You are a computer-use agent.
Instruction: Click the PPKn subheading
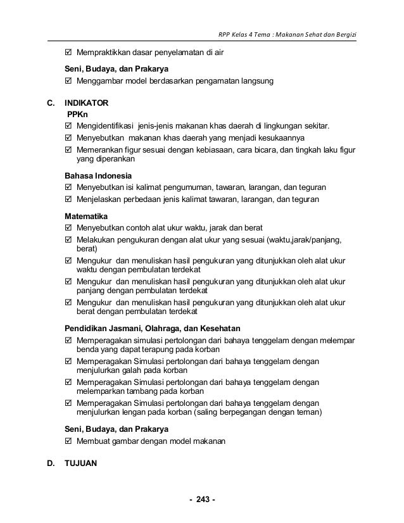77,114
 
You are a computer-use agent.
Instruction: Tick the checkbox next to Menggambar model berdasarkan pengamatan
69,81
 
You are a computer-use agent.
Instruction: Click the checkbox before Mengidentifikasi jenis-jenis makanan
69,125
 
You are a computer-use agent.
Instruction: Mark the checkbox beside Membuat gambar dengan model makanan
69,441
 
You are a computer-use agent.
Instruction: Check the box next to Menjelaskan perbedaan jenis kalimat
69,199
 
